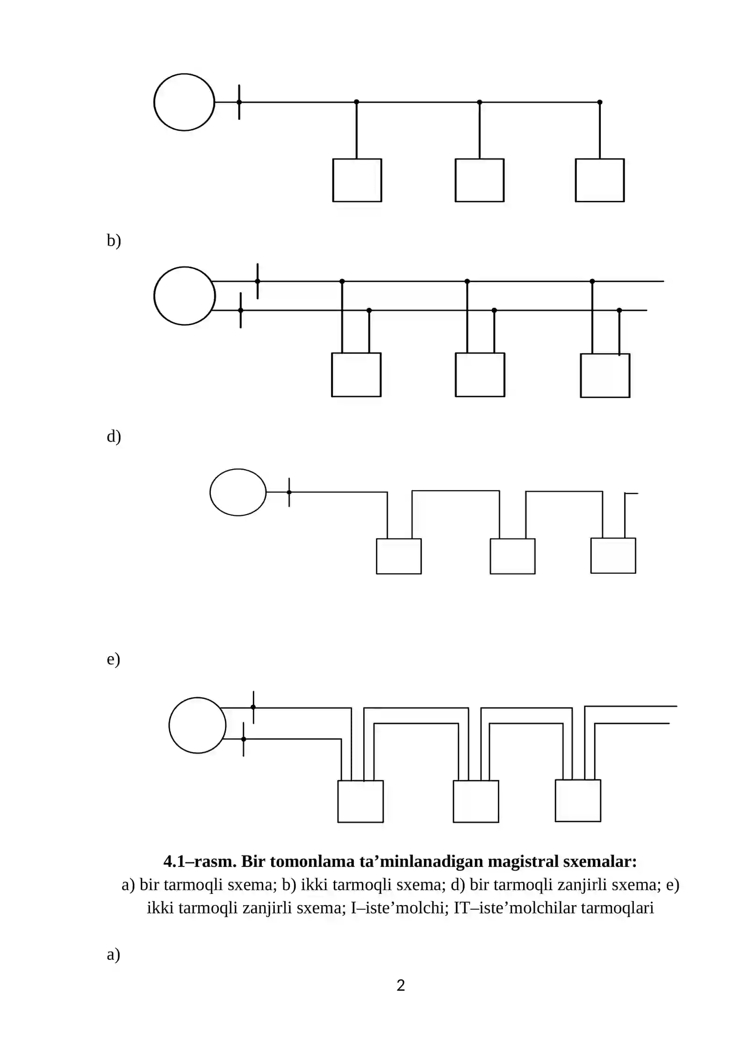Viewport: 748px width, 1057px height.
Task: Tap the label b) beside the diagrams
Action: [x=114, y=240]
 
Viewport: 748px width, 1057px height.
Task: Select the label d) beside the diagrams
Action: [x=114, y=436]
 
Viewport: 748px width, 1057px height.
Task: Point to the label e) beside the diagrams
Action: [x=113, y=659]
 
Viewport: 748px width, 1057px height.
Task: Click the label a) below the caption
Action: [x=113, y=954]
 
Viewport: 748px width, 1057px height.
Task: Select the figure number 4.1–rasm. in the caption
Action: [x=200, y=861]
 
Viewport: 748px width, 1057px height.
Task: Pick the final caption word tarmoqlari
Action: [x=617, y=908]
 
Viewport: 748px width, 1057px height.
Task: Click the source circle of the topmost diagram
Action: [x=184, y=102]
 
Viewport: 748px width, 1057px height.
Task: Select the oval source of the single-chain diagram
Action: [x=238, y=492]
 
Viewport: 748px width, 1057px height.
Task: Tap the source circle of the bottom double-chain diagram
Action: [x=197, y=725]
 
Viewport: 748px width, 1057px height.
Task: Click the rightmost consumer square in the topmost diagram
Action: [x=599, y=180]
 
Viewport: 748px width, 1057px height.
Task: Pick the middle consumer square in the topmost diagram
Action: [x=479, y=180]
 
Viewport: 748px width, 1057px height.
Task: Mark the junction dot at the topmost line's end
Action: [x=600, y=102]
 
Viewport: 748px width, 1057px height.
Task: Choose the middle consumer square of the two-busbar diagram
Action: [x=480, y=375]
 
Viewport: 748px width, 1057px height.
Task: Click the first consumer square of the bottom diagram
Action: [x=360, y=801]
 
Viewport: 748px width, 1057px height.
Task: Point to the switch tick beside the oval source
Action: [x=289, y=492]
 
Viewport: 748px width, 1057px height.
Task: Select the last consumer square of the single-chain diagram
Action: [x=613, y=556]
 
